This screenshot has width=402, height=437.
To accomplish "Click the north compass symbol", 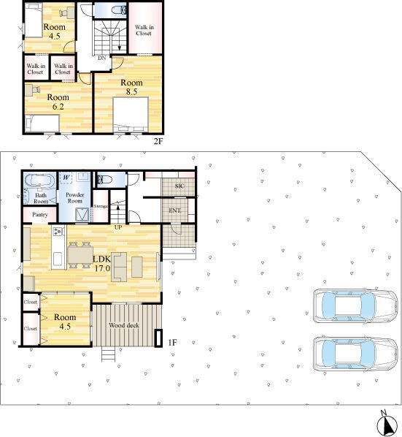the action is [x=387, y=423].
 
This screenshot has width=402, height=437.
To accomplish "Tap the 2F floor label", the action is [x=158, y=141].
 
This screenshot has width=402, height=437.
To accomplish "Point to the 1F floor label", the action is [x=172, y=342].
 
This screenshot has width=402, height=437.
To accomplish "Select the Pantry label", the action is [x=40, y=215].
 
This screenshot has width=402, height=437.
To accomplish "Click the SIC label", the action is [x=179, y=186].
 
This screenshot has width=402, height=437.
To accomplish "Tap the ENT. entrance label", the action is [x=174, y=210].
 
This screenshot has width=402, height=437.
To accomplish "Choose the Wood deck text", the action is [x=124, y=325].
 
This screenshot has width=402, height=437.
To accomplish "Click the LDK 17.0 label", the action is [x=101, y=263].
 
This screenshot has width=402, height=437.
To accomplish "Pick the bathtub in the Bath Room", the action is [x=39, y=180].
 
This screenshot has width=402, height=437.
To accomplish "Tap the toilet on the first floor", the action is [x=104, y=179].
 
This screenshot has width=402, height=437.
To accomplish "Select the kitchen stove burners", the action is [x=58, y=231].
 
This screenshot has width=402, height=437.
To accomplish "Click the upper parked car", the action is [x=355, y=306].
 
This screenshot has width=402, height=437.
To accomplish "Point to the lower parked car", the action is [x=355, y=354].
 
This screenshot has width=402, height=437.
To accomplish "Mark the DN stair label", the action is [x=102, y=58].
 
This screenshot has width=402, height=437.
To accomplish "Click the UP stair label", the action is [x=118, y=227].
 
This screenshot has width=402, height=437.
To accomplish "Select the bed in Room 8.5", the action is [x=131, y=114].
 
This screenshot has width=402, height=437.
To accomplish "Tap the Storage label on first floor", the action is [x=101, y=207].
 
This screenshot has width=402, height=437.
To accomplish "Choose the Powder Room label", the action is [x=75, y=197].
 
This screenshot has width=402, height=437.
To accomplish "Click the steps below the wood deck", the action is [x=108, y=354].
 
